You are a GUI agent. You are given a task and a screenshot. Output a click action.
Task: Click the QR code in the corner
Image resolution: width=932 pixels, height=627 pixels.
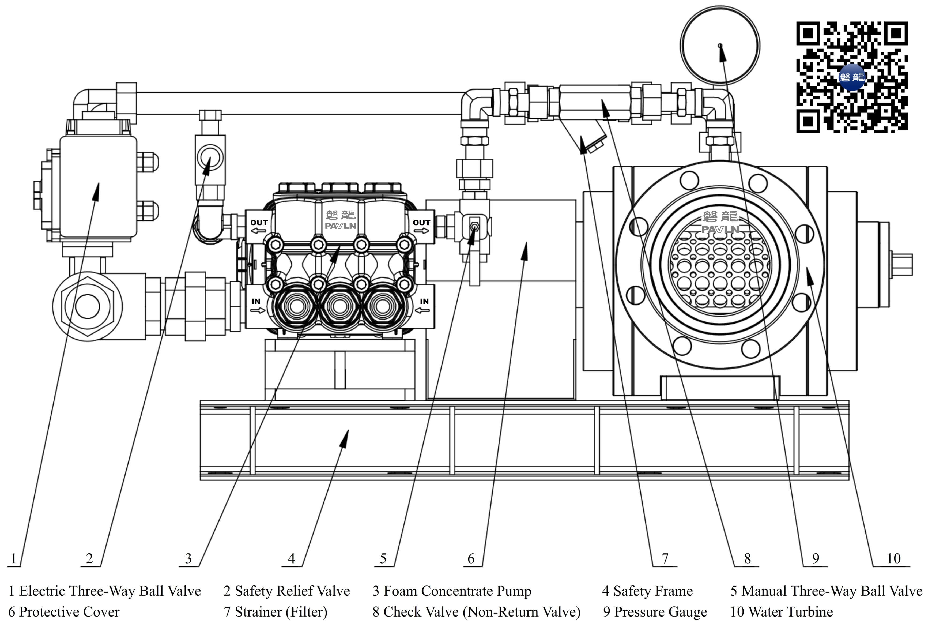tap(852, 77)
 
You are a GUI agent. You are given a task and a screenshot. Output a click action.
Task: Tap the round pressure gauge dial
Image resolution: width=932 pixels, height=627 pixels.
tap(720, 45)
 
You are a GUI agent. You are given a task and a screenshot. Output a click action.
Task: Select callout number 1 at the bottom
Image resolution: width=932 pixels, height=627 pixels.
tap(14, 558)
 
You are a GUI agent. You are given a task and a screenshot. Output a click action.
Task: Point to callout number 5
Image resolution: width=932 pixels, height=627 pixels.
tap(383, 558)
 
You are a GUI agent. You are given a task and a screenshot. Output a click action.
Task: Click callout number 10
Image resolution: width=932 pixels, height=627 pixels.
tap(894, 558)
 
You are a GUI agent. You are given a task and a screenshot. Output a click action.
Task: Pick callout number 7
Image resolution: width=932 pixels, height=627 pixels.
tap(665, 558)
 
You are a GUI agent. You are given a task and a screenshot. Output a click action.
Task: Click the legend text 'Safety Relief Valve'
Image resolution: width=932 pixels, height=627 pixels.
tap(286, 591)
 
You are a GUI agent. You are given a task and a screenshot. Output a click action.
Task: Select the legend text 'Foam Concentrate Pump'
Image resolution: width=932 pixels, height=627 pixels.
tap(452, 591)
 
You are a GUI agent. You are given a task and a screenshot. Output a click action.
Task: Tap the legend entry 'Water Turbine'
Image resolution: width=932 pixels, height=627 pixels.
tap(782, 612)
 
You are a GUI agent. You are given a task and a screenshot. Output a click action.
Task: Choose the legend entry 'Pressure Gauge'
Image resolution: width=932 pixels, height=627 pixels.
tap(655, 612)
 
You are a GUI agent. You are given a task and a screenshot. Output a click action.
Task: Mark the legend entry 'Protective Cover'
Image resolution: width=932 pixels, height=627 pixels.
tap(64, 612)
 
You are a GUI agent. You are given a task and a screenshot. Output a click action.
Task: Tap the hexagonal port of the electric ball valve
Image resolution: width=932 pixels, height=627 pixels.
tap(88, 306)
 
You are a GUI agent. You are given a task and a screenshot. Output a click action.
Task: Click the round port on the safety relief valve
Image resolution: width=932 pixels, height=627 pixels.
tap(210, 157)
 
